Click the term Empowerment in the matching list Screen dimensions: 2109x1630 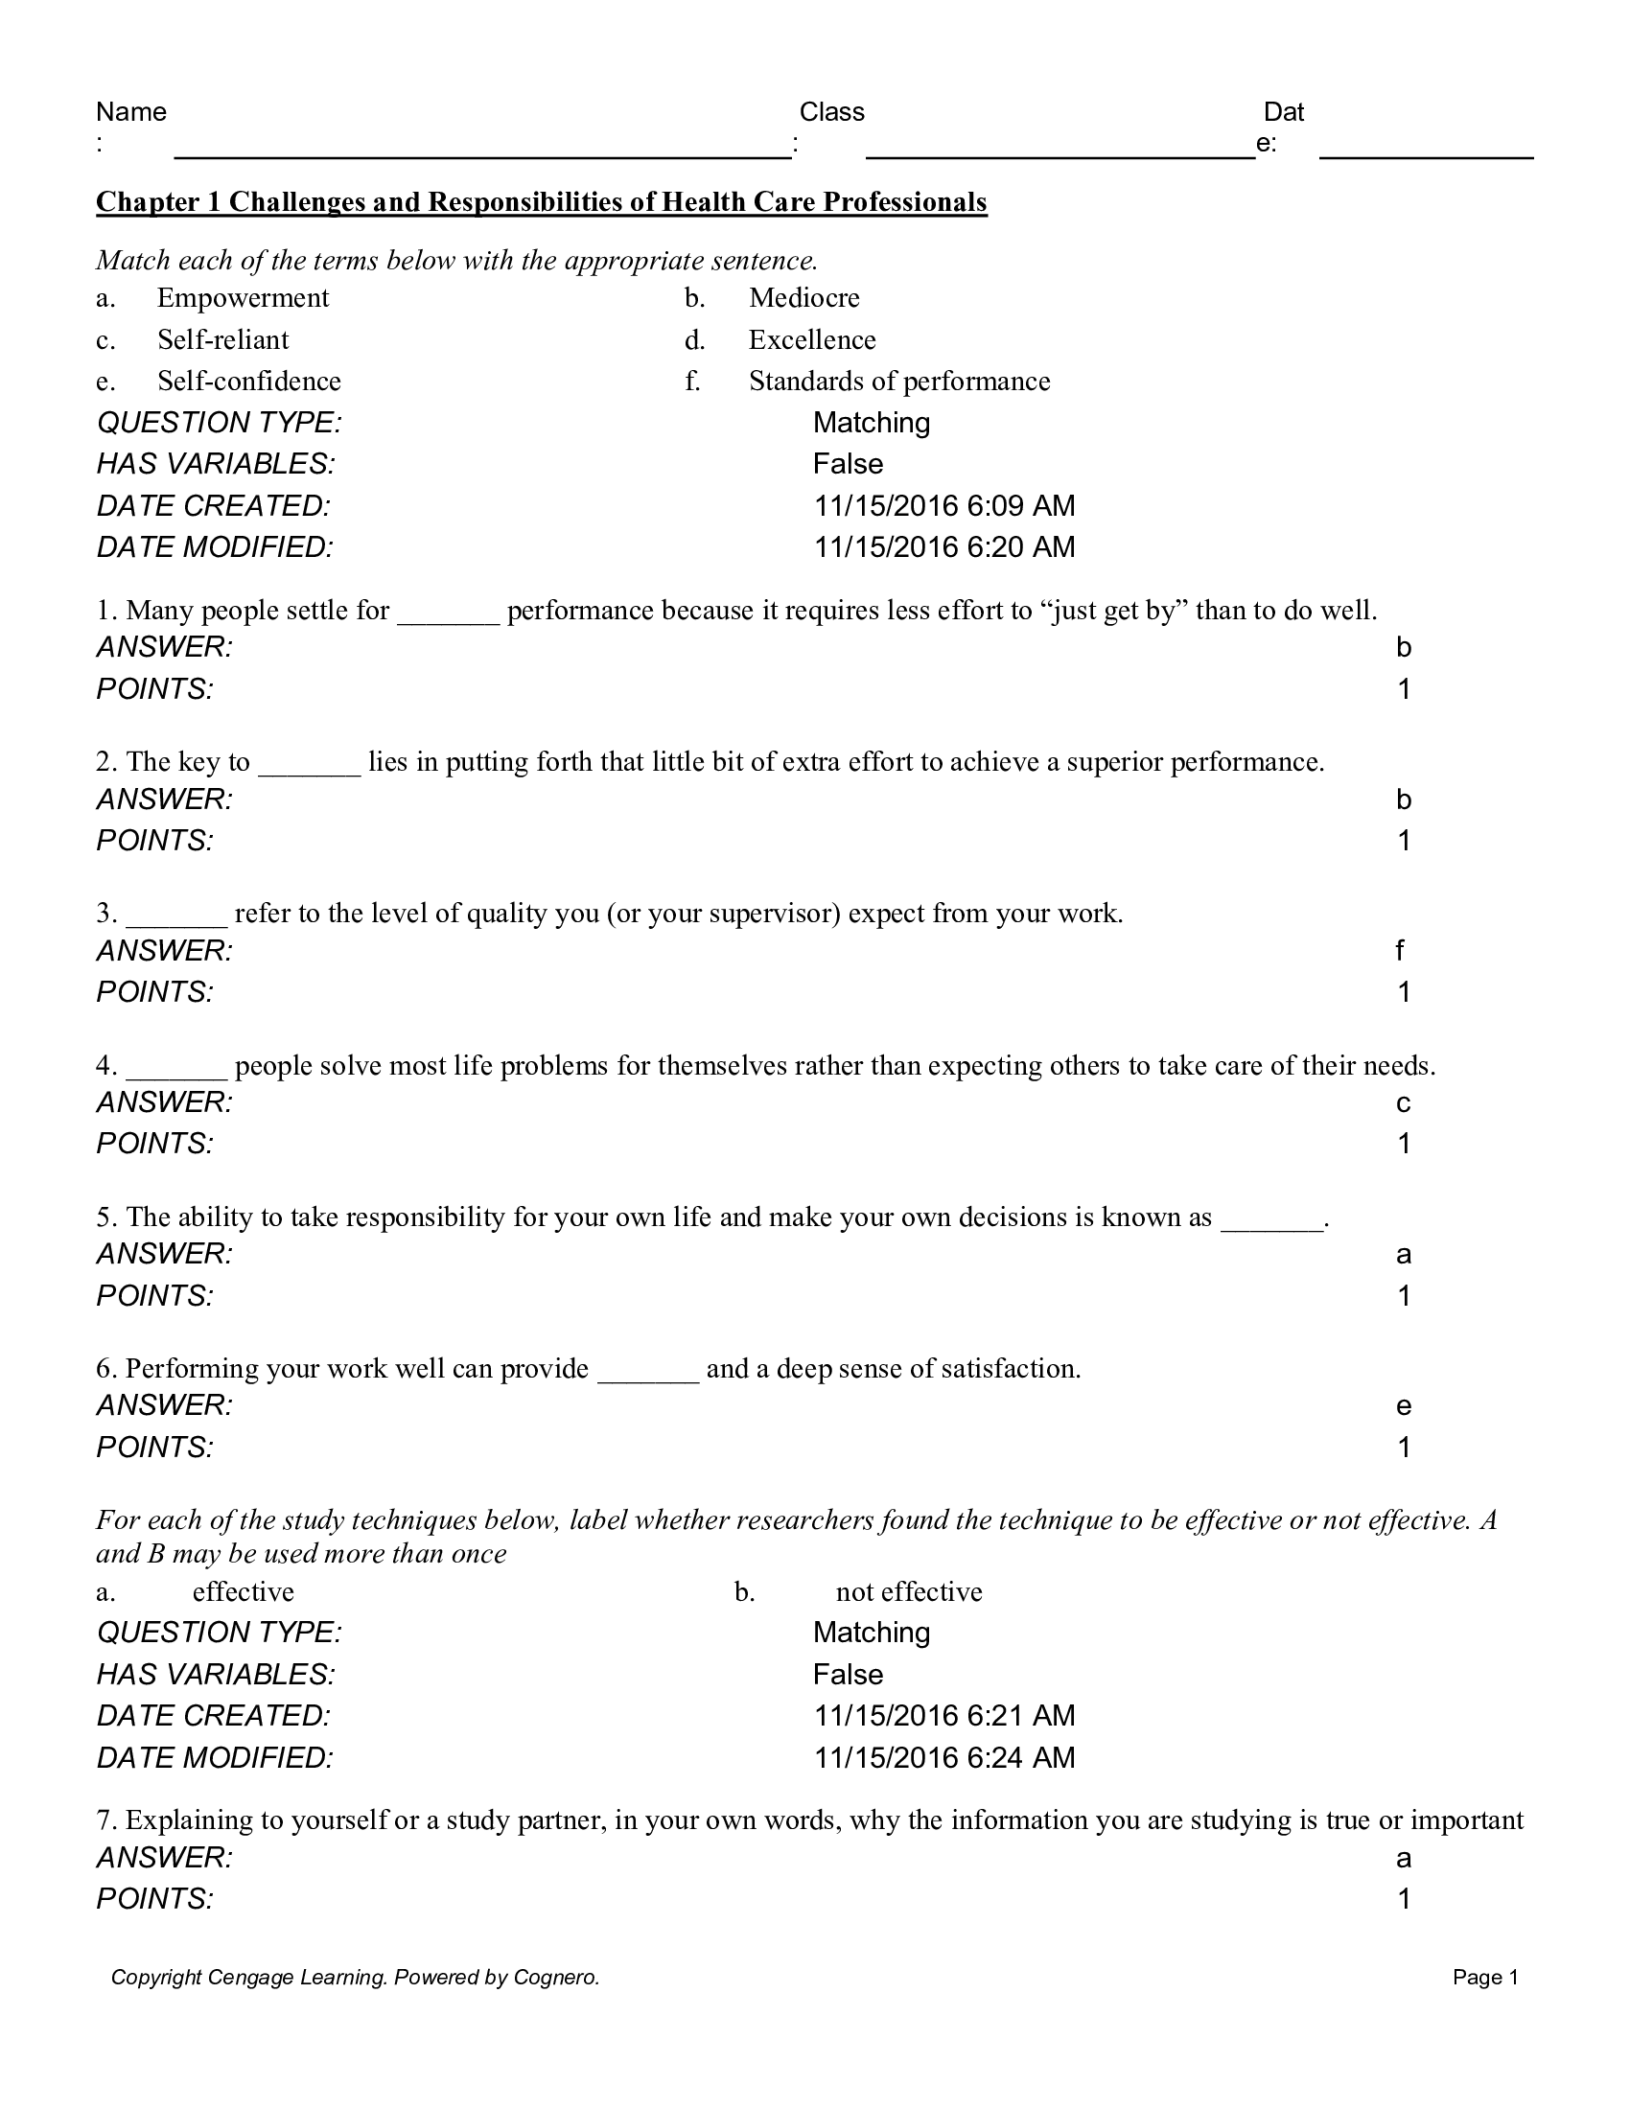click(x=243, y=297)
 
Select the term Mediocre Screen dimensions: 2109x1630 click(x=803, y=297)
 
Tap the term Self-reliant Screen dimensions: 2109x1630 click(x=223, y=340)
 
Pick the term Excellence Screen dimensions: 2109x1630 click(x=812, y=340)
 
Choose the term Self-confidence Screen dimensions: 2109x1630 click(x=249, y=382)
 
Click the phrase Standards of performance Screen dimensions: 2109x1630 click(x=899, y=382)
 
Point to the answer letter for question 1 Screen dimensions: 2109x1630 click(x=1403, y=648)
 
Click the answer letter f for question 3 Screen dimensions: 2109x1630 click(x=1400, y=951)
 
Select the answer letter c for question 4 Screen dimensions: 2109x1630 click(x=1403, y=1103)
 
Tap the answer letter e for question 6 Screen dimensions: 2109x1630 click(x=1403, y=1407)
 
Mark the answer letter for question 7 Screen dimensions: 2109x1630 click(x=1403, y=1859)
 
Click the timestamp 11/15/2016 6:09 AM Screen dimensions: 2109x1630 click(x=943, y=506)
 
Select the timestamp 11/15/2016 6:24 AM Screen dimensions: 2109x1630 click(x=943, y=1757)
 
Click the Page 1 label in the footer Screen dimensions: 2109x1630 click(x=1485, y=1978)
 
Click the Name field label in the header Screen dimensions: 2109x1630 click(x=131, y=112)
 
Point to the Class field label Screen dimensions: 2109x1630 click(x=831, y=112)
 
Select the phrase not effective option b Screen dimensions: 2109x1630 click(x=909, y=1591)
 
